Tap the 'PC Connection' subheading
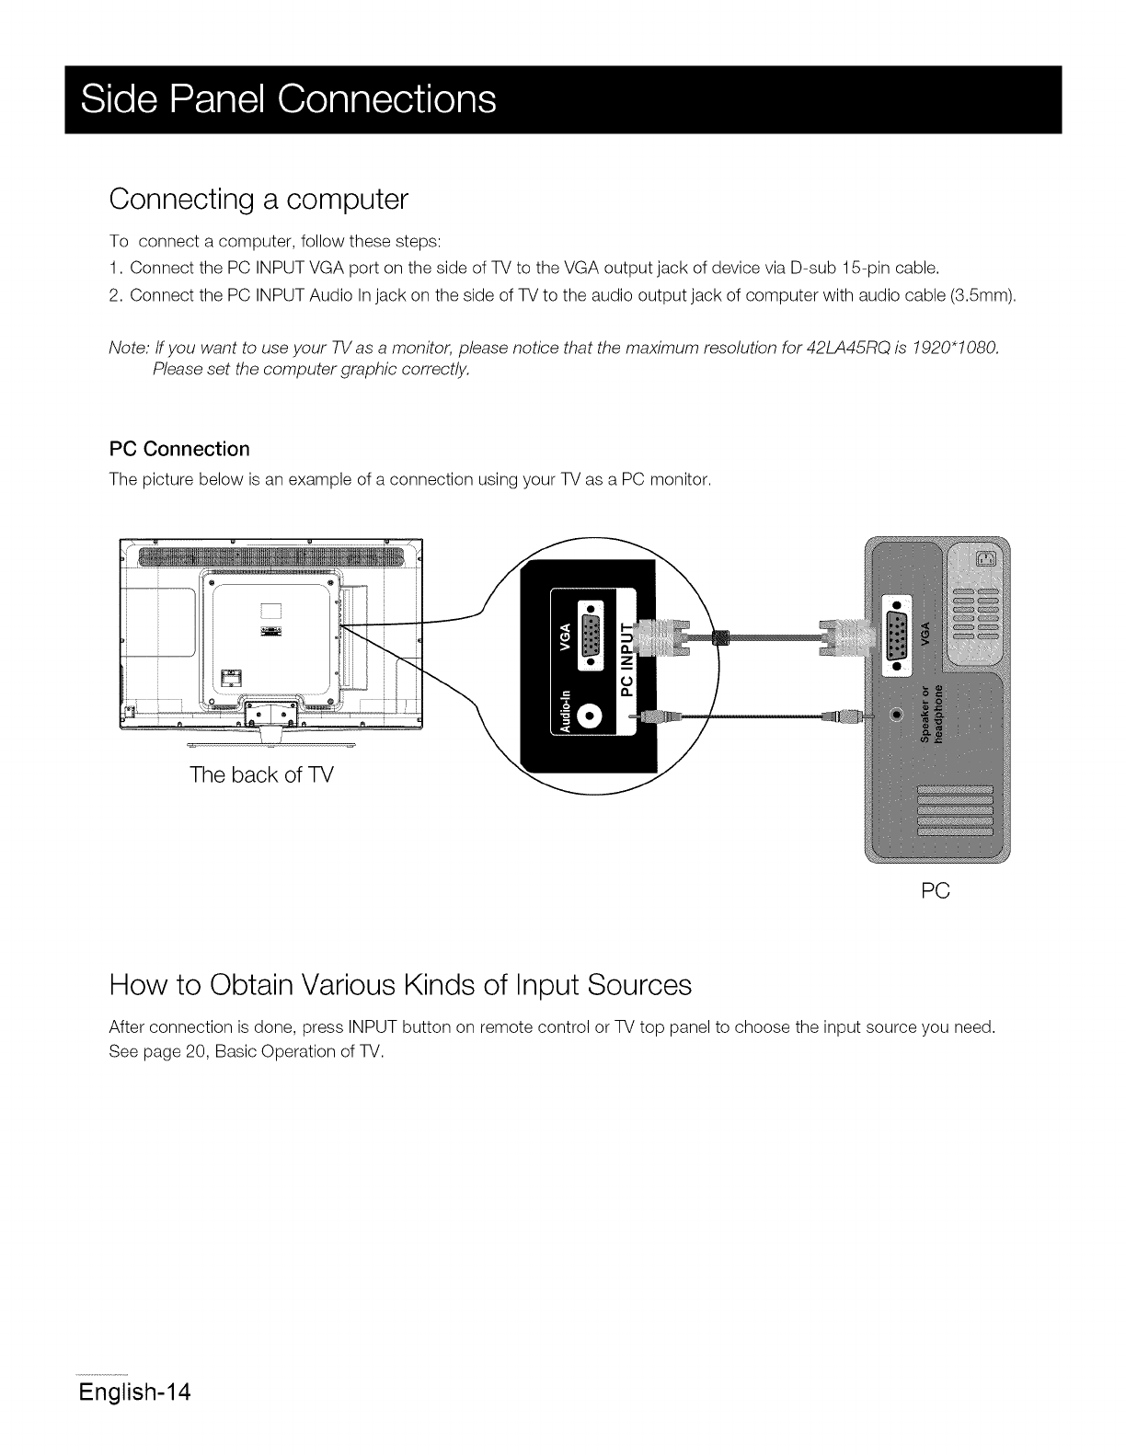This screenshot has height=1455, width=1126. click(179, 449)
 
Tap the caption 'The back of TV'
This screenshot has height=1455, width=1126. click(261, 774)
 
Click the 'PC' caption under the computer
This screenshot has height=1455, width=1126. click(935, 891)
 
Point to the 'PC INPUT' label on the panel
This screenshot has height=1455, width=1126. click(628, 659)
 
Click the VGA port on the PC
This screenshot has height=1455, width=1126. click(896, 630)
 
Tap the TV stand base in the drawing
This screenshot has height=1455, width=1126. click(270, 733)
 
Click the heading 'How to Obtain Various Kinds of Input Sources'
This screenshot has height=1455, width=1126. click(399, 986)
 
